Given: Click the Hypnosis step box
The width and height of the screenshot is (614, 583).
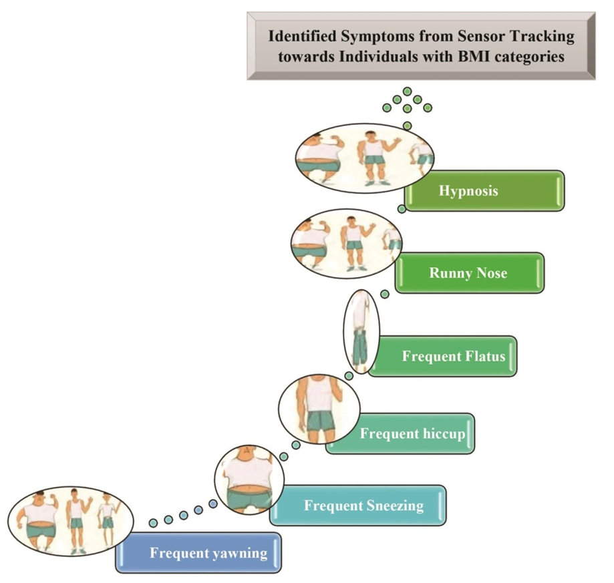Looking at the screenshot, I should click(x=485, y=191).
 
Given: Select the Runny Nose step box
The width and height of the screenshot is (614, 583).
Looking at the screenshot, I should click(x=470, y=272).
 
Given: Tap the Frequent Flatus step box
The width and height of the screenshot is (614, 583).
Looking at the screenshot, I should click(x=443, y=356).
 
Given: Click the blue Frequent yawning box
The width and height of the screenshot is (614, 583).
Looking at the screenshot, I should click(x=199, y=553).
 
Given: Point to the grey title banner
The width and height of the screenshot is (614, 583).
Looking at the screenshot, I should click(x=421, y=45).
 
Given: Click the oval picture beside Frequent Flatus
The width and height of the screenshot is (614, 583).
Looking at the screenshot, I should click(x=361, y=331).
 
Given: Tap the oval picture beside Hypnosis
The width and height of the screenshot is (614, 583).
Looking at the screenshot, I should click(x=365, y=158).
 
